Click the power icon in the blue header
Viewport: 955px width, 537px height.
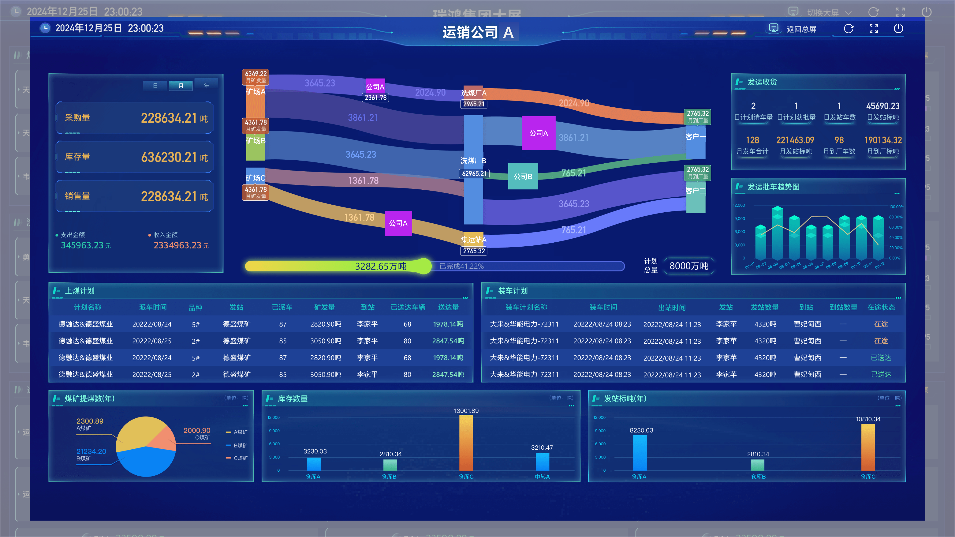[x=898, y=29]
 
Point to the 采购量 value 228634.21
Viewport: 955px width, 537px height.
[x=169, y=118]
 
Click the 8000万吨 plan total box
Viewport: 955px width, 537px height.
[x=688, y=266]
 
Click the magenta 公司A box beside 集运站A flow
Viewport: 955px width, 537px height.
[x=398, y=223]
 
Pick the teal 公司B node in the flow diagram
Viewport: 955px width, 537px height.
[x=523, y=177]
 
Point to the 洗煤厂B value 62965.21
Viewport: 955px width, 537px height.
[x=474, y=174]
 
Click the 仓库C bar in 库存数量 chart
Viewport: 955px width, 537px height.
[x=466, y=443]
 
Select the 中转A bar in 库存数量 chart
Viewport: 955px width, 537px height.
[x=542, y=462]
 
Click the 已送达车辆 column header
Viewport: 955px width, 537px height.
[x=408, y=307]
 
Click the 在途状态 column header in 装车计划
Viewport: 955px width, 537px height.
[x=881, y=307]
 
